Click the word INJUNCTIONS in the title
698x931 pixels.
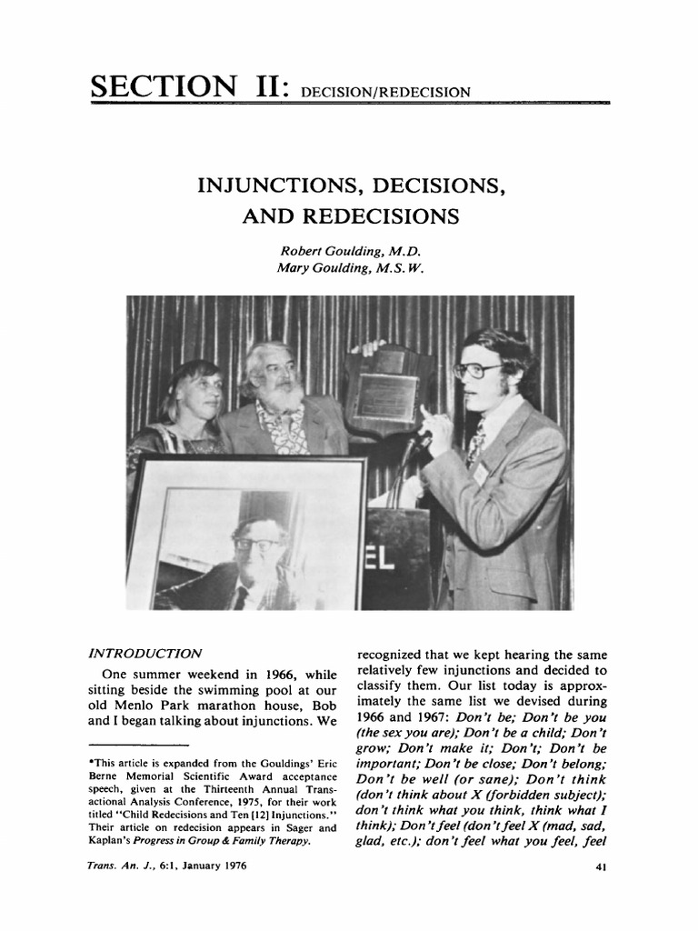pos(274,186)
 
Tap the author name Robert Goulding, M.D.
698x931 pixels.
pos(350,251)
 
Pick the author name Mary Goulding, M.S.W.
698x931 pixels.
pos(350,267)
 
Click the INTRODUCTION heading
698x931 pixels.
pos(145,653)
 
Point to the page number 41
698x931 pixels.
pos(599,866)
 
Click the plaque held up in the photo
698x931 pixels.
pos(386,391)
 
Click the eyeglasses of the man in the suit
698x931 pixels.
pos(475,370)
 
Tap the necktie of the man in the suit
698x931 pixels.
pos(476,441)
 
